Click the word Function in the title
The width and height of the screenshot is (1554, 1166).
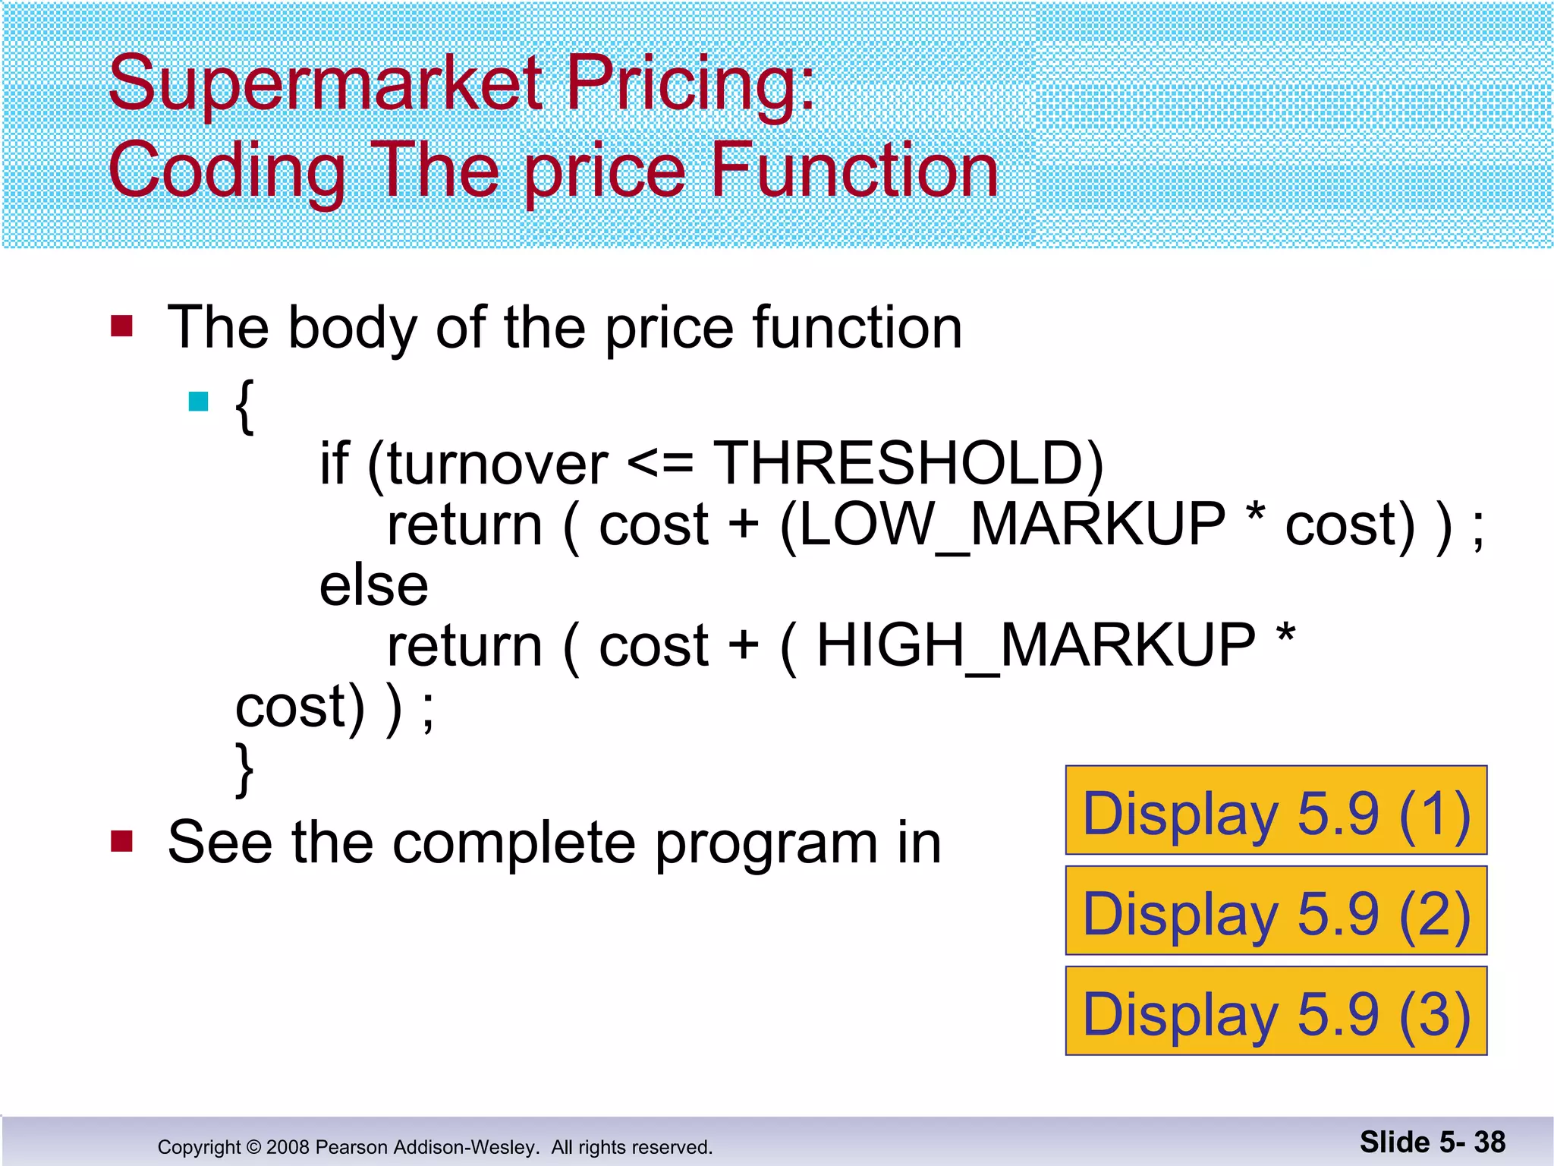(854, 172)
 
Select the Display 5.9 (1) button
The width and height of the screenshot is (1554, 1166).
(1276, 811)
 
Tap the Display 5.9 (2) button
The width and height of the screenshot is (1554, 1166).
(1276, 911)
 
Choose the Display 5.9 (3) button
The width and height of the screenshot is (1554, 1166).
(1276, 1011)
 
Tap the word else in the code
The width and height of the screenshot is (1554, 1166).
(373, 587)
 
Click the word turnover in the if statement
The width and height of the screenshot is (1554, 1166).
(497, 465)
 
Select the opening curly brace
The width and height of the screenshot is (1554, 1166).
(244, 407)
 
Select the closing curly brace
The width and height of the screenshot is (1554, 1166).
(244, 770)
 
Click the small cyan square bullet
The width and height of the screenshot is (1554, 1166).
(199, 402)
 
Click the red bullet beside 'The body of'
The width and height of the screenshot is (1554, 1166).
(121, 326)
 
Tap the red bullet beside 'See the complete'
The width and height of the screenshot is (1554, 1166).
(121, 841)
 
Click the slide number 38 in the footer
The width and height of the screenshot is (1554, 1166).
(1490, 1142)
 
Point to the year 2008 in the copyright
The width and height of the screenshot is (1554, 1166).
(288, 1147)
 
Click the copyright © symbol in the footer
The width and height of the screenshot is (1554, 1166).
(253, 1147)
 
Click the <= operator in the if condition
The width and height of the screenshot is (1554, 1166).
(660, 465)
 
